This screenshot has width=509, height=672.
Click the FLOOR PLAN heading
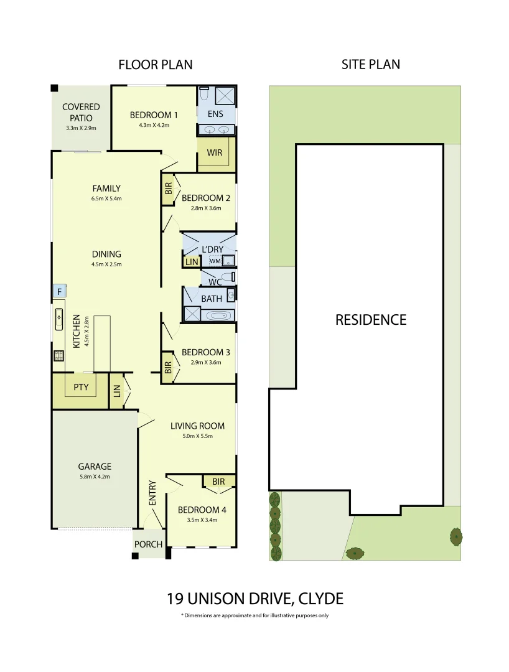[156, 65]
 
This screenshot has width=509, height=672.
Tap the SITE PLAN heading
[370, 64]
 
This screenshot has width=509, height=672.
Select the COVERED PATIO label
[81, 112]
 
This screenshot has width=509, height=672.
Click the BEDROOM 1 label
[154, 115]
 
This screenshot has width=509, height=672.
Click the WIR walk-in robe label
[215, 152]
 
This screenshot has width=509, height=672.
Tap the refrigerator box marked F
[59, 291]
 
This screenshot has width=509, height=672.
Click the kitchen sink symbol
[59, 319]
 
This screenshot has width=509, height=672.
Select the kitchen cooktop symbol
[58, 357]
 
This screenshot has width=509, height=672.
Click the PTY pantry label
[81, 387]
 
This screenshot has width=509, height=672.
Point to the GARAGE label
[94, 466]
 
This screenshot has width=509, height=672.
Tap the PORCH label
[148, 544]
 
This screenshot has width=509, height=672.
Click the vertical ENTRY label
[152, 493]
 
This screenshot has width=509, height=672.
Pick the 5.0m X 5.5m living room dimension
[197, 436]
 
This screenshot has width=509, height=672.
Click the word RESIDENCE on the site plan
[371, 320]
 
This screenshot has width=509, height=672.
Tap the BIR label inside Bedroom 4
[218, 482]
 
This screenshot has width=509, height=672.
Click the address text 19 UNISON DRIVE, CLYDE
[255, 599]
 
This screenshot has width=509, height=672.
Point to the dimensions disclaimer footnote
[255, 616]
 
